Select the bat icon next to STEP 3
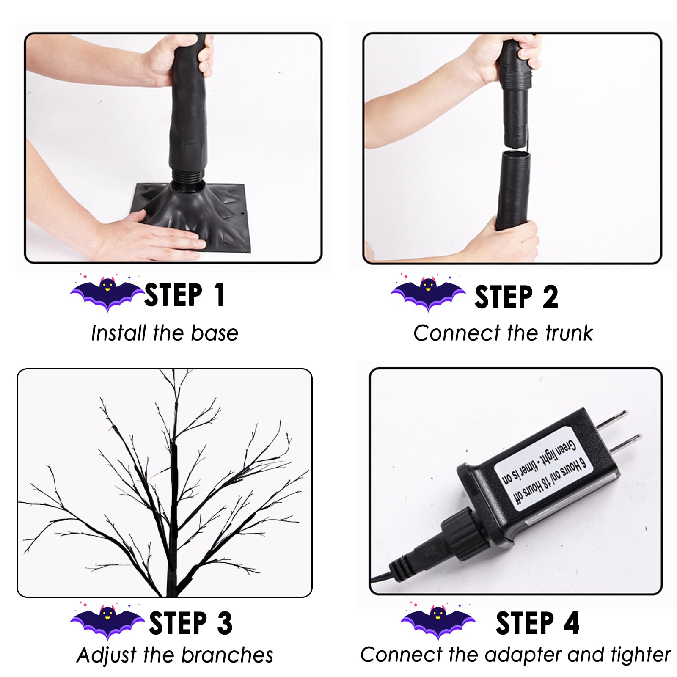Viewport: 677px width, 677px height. pyautogui.click(x=107, y=621)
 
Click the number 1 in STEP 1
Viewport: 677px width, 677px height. pyautogui.click(x=219, y=295)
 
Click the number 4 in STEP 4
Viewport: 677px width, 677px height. pyautogui.click(x=571, y=623)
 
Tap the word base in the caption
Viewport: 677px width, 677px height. pyautogui.click(x=215, y=333)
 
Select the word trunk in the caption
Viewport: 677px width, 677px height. pyautogui.click(x=569, y=333)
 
